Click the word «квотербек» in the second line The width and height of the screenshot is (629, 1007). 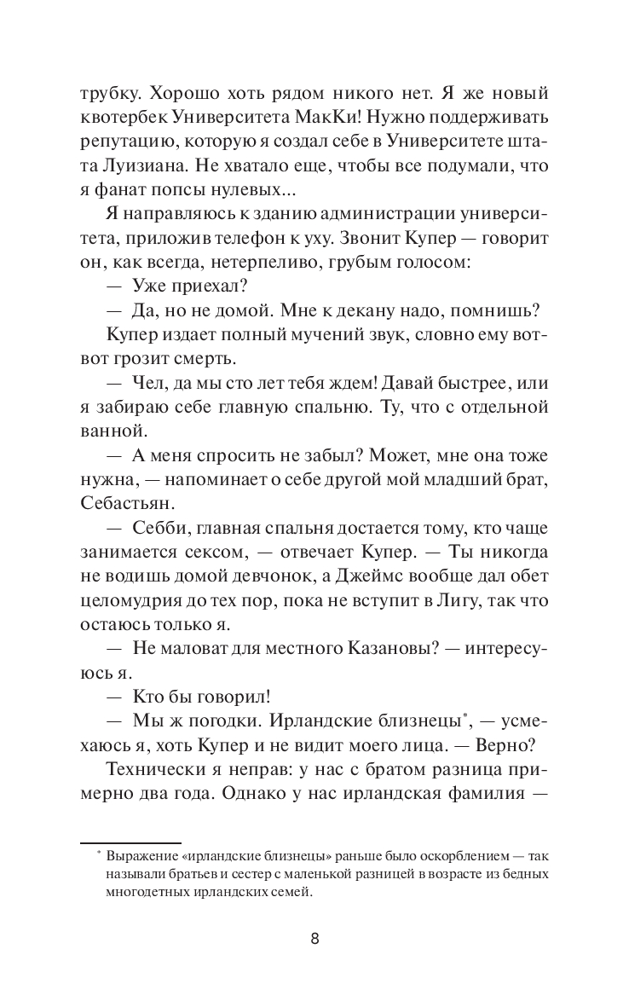pos(121,117)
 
